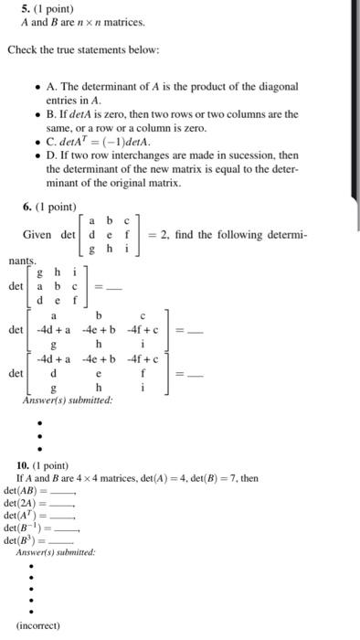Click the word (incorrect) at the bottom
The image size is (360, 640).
tap(39, 625)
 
